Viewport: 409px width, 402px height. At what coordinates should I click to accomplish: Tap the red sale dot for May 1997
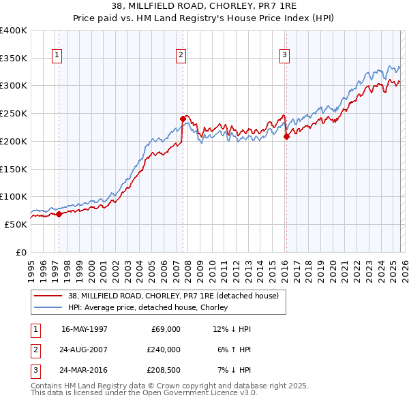[x=59, y=214]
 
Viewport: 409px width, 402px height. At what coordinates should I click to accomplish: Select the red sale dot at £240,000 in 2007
[x=183, y=119]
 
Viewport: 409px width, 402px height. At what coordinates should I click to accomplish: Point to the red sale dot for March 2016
[x=286, y=136]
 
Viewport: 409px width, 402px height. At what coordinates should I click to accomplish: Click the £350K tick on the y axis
[x=13, y=59]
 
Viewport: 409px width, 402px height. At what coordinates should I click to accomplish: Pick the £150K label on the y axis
[x=13, y=169]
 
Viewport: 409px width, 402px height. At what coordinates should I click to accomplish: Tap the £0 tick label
[x=20, y=252]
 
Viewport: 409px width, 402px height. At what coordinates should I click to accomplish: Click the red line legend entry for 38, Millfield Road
[x=164, y=296]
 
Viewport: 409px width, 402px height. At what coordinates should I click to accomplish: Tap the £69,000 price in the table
[x=164, y=329]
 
